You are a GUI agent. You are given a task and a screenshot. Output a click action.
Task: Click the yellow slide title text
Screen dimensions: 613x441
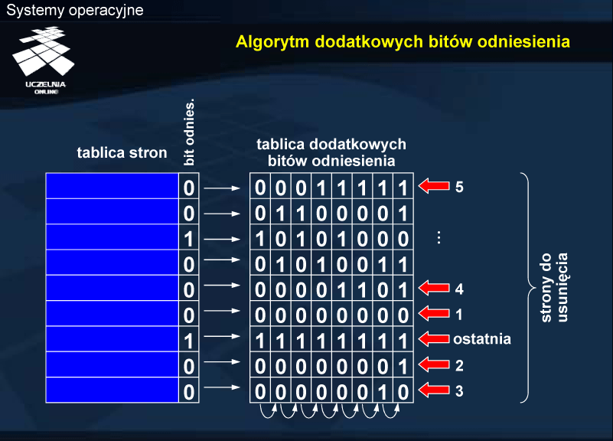[x=403, y=42]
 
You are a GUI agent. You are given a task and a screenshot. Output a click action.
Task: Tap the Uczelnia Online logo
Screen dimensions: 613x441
[x=44, y=60]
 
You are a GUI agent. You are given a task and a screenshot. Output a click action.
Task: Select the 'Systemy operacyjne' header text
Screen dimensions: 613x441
[x=75, y=10]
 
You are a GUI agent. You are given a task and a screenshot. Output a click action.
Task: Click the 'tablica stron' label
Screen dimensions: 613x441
[x=122, y=152]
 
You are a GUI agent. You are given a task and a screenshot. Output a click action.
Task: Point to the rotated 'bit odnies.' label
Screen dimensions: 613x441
[x=189, y=132]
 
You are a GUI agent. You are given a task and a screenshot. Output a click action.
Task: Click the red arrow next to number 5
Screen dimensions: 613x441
[x=434, y=186]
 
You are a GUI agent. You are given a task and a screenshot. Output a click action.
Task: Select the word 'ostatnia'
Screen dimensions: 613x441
[x=482, y=339]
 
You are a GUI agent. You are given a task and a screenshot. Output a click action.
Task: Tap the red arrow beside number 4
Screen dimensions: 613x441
[x=434, y=288]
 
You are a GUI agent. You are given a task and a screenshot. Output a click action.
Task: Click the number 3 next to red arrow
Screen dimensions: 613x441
[x=459, y=391]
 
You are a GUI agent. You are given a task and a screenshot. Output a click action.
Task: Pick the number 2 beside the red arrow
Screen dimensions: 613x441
[x=459, y=365]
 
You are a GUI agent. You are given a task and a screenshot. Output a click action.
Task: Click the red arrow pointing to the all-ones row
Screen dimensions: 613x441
[x=434, y=338]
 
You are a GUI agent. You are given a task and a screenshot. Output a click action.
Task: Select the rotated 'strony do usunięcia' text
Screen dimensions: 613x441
[x=554, y=288]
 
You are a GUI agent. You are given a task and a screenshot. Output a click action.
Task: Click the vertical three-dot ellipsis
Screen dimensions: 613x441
[x=439, y=237]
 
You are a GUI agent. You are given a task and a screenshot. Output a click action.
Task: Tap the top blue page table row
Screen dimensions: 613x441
[x=112, y=186]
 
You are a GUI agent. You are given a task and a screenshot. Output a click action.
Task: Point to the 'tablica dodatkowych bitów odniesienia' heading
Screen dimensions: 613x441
[x=331, y=152]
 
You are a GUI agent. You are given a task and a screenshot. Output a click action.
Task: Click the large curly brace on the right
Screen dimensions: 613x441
[x=529, y=287]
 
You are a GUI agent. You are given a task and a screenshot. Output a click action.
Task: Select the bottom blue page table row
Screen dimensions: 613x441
[x=112, y=390]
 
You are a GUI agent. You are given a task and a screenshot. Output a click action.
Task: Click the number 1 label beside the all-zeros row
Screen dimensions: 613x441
[x=459, y=315]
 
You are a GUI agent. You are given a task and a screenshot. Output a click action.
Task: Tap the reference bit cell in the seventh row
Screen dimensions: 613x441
[x=189, y=339]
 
